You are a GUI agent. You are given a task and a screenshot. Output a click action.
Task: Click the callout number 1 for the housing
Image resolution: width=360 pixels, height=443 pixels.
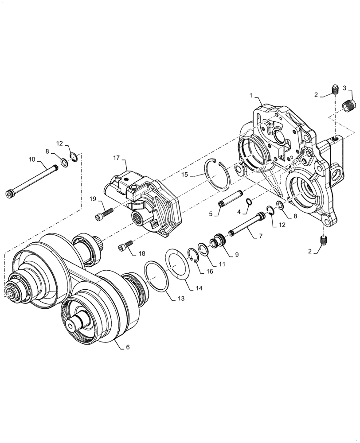click(251, 95)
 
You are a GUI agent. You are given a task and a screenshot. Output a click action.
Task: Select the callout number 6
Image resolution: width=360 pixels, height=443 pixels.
click(128, 348)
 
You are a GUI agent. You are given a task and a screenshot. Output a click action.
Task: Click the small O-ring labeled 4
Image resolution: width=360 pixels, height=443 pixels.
click(250, 202)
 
